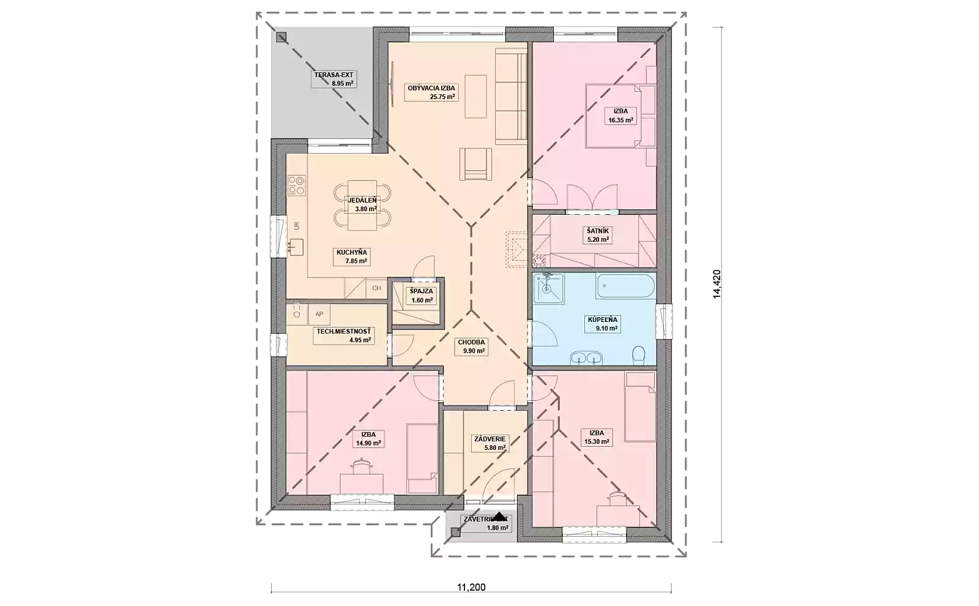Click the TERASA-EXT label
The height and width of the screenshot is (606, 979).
pos(334,79)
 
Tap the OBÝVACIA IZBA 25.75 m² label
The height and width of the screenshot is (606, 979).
pos(431,92)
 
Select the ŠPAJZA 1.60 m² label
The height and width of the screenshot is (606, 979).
pos(422,296)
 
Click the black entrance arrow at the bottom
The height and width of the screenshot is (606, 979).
pos(500,517)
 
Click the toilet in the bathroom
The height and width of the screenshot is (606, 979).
pos(639,354)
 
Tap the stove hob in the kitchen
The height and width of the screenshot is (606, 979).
pos(297,185)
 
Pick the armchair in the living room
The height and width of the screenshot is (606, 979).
pos(476,164)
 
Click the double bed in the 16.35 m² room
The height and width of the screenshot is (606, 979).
pos(620,116)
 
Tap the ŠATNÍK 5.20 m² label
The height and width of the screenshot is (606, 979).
pos(598,235)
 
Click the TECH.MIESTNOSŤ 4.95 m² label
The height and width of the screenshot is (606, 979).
pos(343,335)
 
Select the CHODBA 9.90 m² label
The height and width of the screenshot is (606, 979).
pos(471,347)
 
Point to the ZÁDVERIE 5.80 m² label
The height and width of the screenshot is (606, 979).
pos(489,443)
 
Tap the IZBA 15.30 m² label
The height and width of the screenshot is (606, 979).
pos(596,437)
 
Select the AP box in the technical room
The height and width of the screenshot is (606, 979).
pos(319,314)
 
